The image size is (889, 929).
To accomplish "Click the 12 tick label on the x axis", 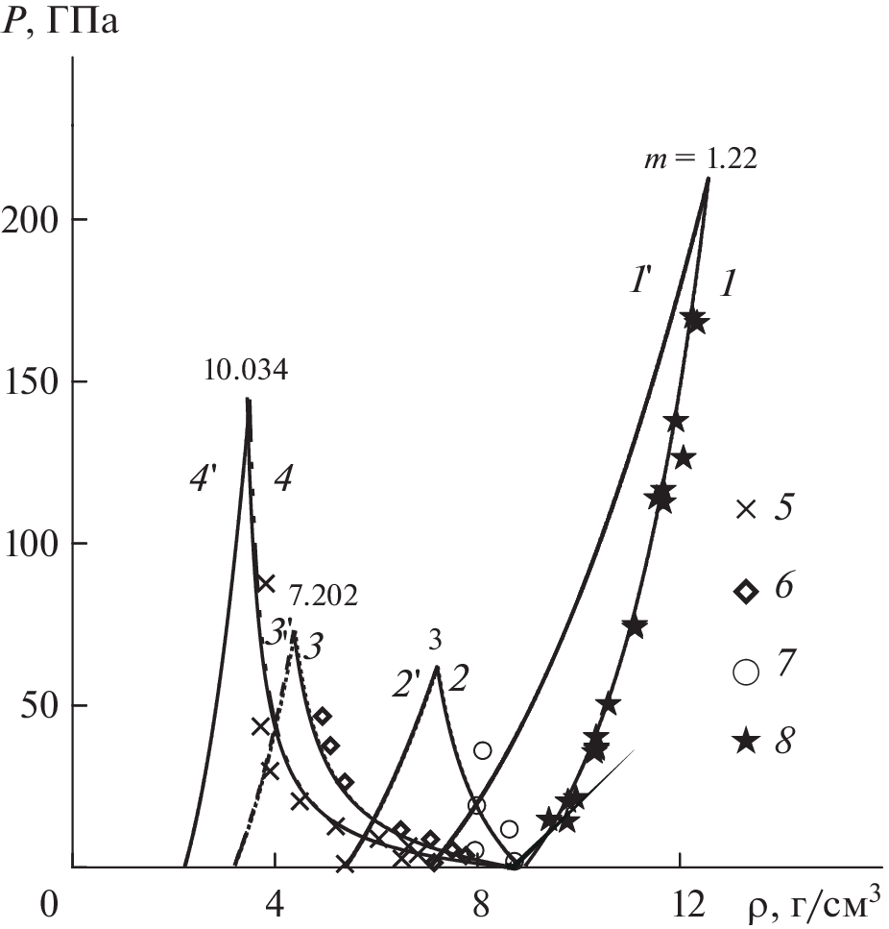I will [680, 905].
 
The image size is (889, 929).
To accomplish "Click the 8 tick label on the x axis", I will [478, 905].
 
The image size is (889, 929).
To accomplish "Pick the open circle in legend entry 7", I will [745, 672].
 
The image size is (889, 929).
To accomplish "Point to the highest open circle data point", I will [482, 750].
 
